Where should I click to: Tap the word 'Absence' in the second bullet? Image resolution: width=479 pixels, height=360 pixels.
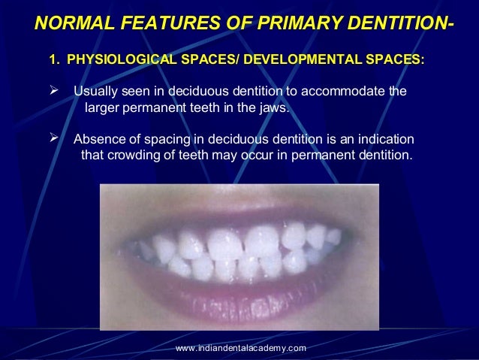pos(98,141)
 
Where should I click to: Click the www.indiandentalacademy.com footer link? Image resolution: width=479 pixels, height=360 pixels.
pos(240,347)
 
